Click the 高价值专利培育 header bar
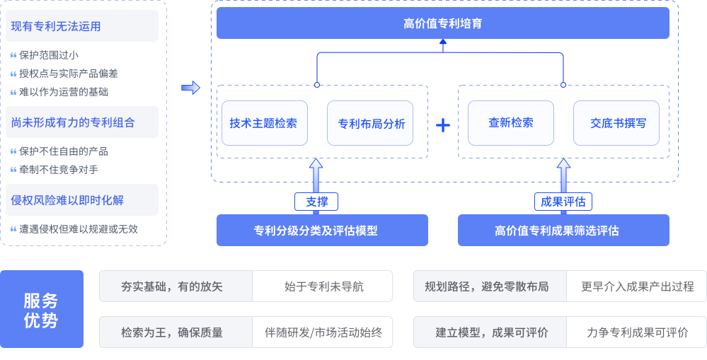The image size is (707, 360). tap(442, 24)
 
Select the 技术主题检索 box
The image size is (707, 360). tap(263, 123)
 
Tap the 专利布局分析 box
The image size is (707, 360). tap(371, 123)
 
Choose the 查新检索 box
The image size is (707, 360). tap(510, 123)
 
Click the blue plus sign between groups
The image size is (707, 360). tap(443, 126)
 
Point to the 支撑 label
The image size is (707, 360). tap(316, 202)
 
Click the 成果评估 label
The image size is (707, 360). tap(563, 202)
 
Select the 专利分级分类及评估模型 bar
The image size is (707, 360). tap(322, 231)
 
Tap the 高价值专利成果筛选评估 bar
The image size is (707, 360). tap(563, 231)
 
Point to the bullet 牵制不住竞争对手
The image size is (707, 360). tap(59, 170)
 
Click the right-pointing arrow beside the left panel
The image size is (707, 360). tap(190, 88)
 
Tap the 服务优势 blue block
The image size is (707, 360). tap(41, 310)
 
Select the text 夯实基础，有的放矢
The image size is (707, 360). tap(172, 286)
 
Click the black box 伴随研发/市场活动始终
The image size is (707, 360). tap(323, 332)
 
